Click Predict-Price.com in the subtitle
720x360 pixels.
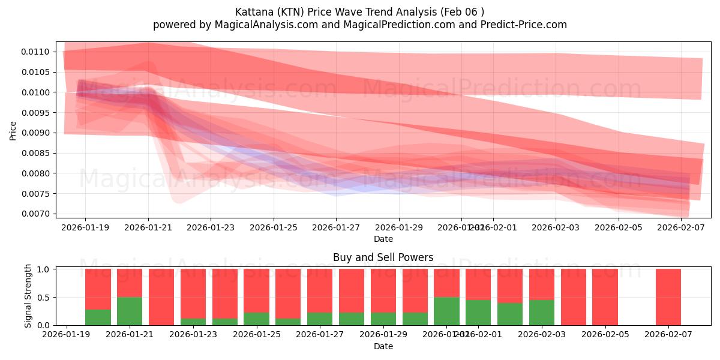(520, 25)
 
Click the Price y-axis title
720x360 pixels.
(13, 131)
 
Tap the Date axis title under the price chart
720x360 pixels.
(383, 239)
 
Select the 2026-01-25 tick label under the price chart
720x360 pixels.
(273, 227)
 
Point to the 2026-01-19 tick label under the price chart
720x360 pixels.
(85, 227)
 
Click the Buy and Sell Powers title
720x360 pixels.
(383, 257)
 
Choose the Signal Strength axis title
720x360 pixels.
(28, 296)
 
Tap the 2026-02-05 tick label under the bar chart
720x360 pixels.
(605, 335)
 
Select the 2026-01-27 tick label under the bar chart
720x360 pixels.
(320, 335)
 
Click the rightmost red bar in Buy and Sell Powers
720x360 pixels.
(668, 297)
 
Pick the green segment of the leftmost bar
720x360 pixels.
(98, 317)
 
